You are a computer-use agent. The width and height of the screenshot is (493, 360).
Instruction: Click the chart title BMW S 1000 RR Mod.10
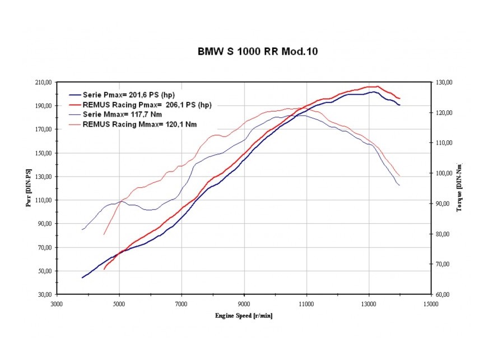tap(258, 52)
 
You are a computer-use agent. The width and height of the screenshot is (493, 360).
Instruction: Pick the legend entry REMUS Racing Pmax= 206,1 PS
tap(147, 104)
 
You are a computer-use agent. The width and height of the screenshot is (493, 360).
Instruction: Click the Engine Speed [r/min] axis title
tap(244, 316)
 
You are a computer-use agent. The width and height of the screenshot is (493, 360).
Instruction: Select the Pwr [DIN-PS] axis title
tap(28, 188)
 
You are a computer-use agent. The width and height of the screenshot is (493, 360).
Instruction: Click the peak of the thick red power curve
tap(377, 86)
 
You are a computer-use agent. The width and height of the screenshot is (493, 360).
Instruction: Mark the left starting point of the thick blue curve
tap(82, 278)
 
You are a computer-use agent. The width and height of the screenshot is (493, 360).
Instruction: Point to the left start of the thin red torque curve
tap(104, 234)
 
